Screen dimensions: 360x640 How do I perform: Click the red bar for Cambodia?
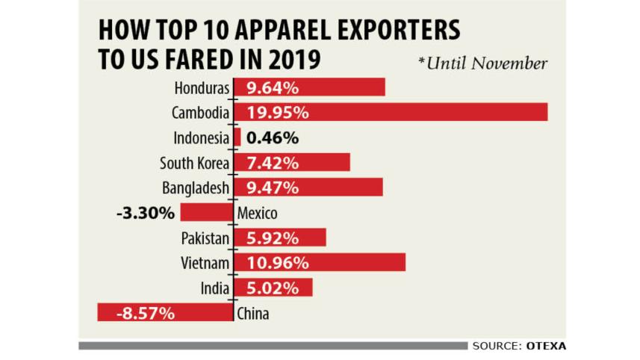(x=391, y=112)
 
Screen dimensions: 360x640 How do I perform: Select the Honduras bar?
(x=310, y=87)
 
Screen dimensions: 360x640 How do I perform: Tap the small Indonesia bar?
(x=237, y=137)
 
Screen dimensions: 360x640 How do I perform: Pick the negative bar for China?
(x=165, y=313)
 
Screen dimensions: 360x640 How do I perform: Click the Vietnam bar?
(x=320, y=262)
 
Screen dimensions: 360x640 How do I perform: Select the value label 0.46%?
(x=272, y=137)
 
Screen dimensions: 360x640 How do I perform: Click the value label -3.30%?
(x=146, y=213)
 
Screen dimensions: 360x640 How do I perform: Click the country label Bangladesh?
(x=195, y=187)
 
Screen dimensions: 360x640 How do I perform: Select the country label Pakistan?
(x=205, y=238)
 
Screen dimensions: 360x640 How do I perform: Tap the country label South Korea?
(x=194, y=163)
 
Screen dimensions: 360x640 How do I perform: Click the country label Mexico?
(x=257, y=214)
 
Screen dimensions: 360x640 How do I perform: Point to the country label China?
(x=252, y=314)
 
